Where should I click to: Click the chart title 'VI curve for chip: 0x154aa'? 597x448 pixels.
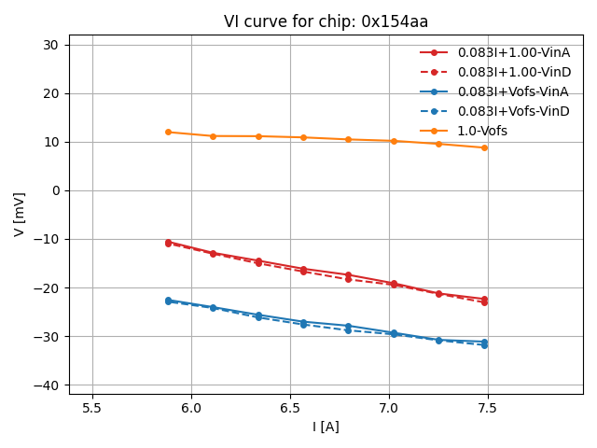click(326, 21)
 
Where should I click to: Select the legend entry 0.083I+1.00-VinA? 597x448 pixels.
click(513, 52)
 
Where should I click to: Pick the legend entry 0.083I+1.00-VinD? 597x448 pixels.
click(513, 72)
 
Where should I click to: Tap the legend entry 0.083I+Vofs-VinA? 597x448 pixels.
click(513, 91)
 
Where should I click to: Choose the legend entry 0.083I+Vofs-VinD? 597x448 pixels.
click(513, 111)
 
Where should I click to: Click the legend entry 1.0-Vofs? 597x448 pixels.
click(482, 131)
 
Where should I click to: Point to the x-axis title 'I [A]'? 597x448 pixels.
click(326, 427)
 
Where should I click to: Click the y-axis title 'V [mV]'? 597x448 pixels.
click(20, 214)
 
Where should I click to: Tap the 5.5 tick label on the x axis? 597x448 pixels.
click(92, 408)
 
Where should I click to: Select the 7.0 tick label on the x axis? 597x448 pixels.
click(389, 408)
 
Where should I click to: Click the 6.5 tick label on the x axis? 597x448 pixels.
click(290, 408)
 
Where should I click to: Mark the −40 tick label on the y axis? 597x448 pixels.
click(46, 385)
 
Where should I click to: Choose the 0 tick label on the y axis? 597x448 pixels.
click(55, 190)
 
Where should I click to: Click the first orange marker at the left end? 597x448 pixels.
click(168, 132)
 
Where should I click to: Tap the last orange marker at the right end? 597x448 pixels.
click(484, 147)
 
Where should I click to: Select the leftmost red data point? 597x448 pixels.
click(168, 243)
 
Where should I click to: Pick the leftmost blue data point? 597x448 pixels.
click(168, 301)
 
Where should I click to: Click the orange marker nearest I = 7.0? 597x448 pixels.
click(394, 141)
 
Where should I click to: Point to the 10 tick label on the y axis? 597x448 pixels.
click(51, 142)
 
